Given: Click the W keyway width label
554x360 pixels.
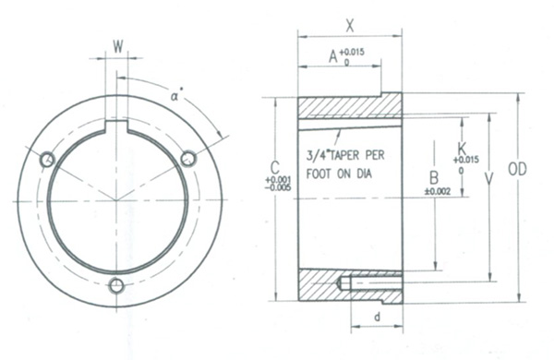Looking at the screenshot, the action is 118,46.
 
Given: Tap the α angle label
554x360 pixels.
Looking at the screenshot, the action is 175,95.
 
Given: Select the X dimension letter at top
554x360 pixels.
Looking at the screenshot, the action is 349,26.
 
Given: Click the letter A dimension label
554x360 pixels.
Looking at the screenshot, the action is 333,56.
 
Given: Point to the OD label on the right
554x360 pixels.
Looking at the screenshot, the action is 517,169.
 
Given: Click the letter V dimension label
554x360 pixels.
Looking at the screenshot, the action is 488,179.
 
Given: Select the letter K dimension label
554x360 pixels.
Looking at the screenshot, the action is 462,148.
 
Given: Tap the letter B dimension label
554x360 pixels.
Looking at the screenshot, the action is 434,178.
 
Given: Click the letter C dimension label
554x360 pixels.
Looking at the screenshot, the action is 274,167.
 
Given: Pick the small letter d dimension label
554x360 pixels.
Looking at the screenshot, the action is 378,317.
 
